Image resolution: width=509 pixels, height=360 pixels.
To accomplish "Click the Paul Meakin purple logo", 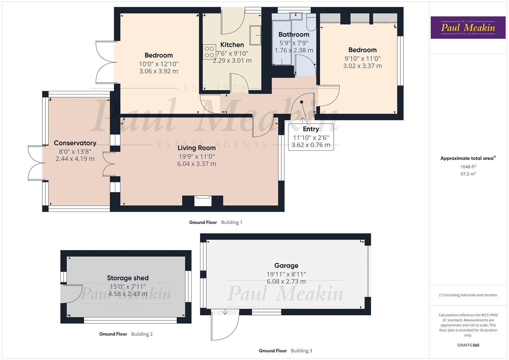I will (x=468, y=28).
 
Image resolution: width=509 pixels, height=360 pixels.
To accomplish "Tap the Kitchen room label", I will (x=232, y=45).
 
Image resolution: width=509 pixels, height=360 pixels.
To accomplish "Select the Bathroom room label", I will (x=294, y=34).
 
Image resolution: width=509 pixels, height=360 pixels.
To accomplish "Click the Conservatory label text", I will (x=75, y=143).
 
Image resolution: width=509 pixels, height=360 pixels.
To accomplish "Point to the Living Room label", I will (x=196, y=148).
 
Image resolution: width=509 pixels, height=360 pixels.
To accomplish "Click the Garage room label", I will (x=286, y=266).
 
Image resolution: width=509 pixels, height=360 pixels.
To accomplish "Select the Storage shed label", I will (x=128, y=278).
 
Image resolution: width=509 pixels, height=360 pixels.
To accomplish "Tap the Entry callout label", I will (x=311, y=129).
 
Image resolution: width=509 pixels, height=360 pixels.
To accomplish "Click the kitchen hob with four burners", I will (x=209, y=52).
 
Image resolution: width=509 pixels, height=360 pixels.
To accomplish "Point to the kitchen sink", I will (x=256, y=35).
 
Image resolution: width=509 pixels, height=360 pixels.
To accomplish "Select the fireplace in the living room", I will (x=203, y=201).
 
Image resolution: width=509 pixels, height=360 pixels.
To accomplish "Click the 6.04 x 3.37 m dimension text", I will (x=196, y=164).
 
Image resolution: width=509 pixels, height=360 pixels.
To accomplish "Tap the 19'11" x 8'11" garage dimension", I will (x=286, y=274).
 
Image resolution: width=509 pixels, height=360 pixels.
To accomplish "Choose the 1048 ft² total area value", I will (x=468, y=167).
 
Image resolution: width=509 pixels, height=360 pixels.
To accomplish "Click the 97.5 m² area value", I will (x=468, y=174).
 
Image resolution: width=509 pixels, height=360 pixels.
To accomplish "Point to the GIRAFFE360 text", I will (x=468, y=345).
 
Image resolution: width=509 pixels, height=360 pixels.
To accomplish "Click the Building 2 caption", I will (x=142, y=334).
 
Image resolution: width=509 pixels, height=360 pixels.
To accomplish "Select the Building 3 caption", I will (x=301, y=351).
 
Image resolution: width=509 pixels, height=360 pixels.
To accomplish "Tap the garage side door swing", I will (x=225, y=325).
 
